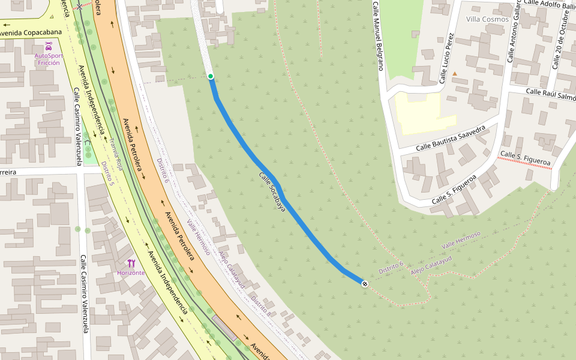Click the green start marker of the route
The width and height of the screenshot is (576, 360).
[211, 76]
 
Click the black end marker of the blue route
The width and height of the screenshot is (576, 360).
[365, 283]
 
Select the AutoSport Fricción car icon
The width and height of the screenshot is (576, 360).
[49, 46]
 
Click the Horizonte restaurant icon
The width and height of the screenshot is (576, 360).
[131, 263]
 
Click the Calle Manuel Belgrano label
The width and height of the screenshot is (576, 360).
[376, 36]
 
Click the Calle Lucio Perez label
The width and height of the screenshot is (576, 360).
[445, 58]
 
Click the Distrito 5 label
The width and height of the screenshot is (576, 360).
[107, 173]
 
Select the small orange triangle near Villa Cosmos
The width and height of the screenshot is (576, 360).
[454, 74]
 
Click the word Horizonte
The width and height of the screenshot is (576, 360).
[131, 272]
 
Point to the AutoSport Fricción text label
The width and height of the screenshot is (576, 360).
[49, 59]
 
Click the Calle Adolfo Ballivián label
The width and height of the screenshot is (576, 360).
[549, 4]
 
